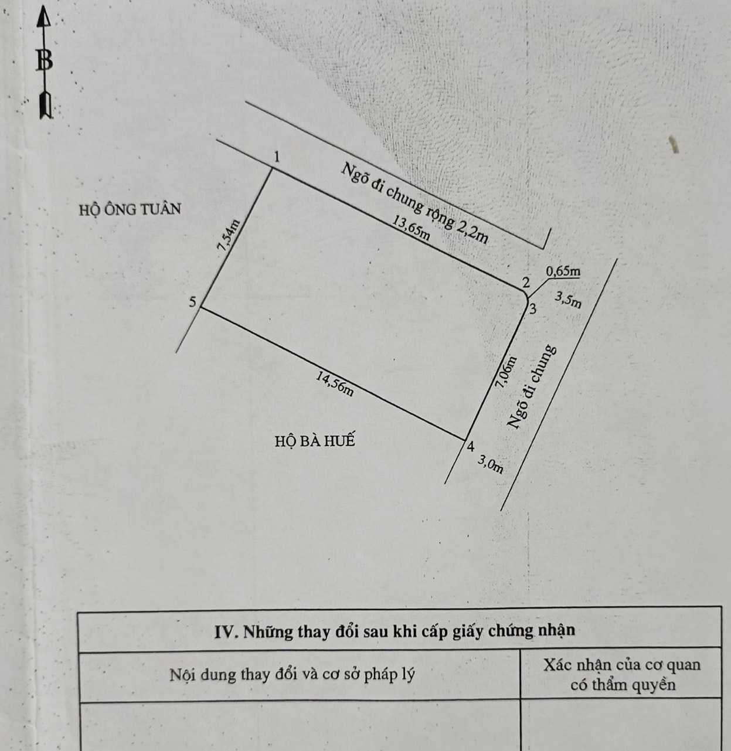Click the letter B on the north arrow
pyautogui.click(x=44, y=60)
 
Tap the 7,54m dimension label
pyautogui.click(x=229, y=236)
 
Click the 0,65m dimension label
pyautogui.click(x=563, y=271)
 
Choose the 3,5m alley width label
pyautogui.click(x=569, y=300)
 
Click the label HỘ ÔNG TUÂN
pyautogui.click(x=130, y=209)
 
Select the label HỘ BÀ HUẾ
pyautogui.click(x=315, y=440)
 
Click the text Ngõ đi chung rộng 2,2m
pyautogui.click(x=415, y=202)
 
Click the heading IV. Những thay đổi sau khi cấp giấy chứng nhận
pyautogui.click(x=395, y=631)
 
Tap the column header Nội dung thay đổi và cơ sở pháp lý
pyautogui.click(x=292, y=674)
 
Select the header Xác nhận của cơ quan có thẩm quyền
pyautogui.click(x=622, y=675)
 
